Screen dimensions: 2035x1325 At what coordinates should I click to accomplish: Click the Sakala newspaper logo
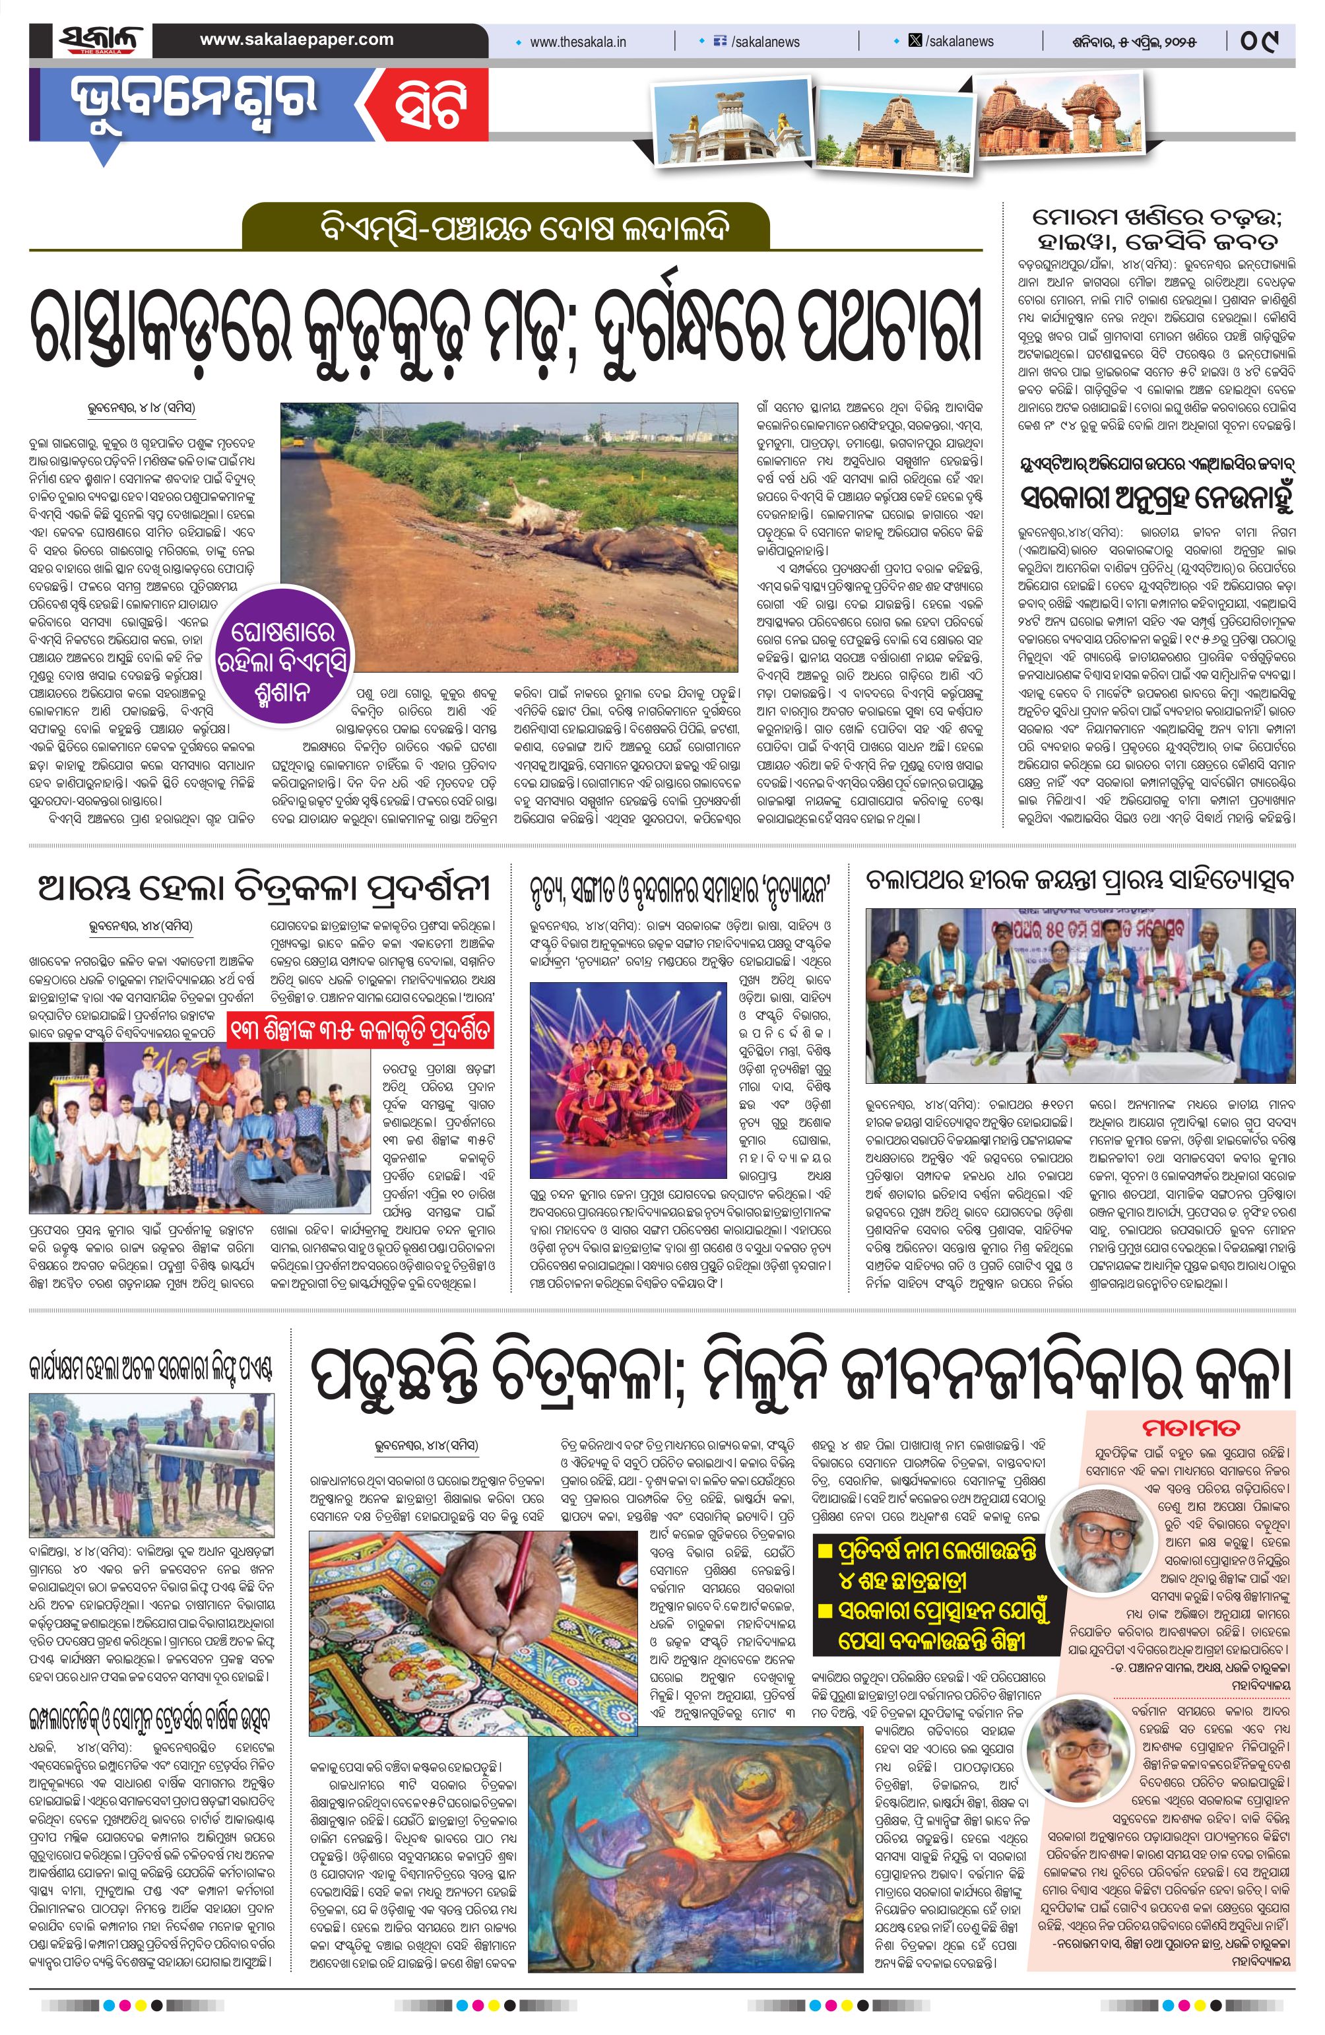[x=101, y=41]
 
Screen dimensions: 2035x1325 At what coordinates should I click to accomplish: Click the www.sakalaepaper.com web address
[x=297, y=40]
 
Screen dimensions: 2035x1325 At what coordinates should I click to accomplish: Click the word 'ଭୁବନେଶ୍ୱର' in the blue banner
[x=195, y=101]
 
